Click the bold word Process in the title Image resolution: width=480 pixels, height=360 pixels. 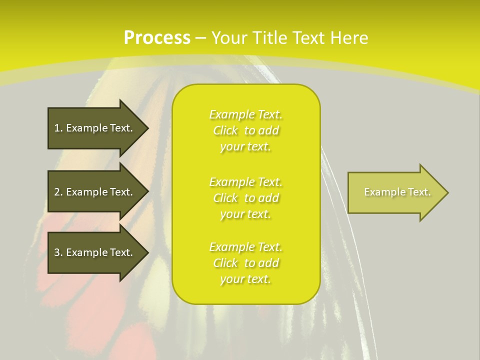pos(157,38)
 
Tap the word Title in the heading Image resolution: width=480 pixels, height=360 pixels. pos(270,38)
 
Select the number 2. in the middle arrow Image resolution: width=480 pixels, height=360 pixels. pos(58,192)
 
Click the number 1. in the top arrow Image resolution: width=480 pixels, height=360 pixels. pos(58,128)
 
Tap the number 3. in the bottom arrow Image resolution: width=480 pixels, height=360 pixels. pos(58,252)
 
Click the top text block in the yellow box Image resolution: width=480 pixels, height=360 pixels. pos(245,130)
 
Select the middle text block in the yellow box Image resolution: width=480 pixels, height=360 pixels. pos(245,198)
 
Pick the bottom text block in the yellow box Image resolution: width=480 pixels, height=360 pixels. pos(245,263)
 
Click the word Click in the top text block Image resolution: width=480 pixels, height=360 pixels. pos(225,130)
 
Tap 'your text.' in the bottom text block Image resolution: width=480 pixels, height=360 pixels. pos(245,279)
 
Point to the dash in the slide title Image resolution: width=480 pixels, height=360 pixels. pos(201,38)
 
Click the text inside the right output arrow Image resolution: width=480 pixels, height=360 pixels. pos(397,192)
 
